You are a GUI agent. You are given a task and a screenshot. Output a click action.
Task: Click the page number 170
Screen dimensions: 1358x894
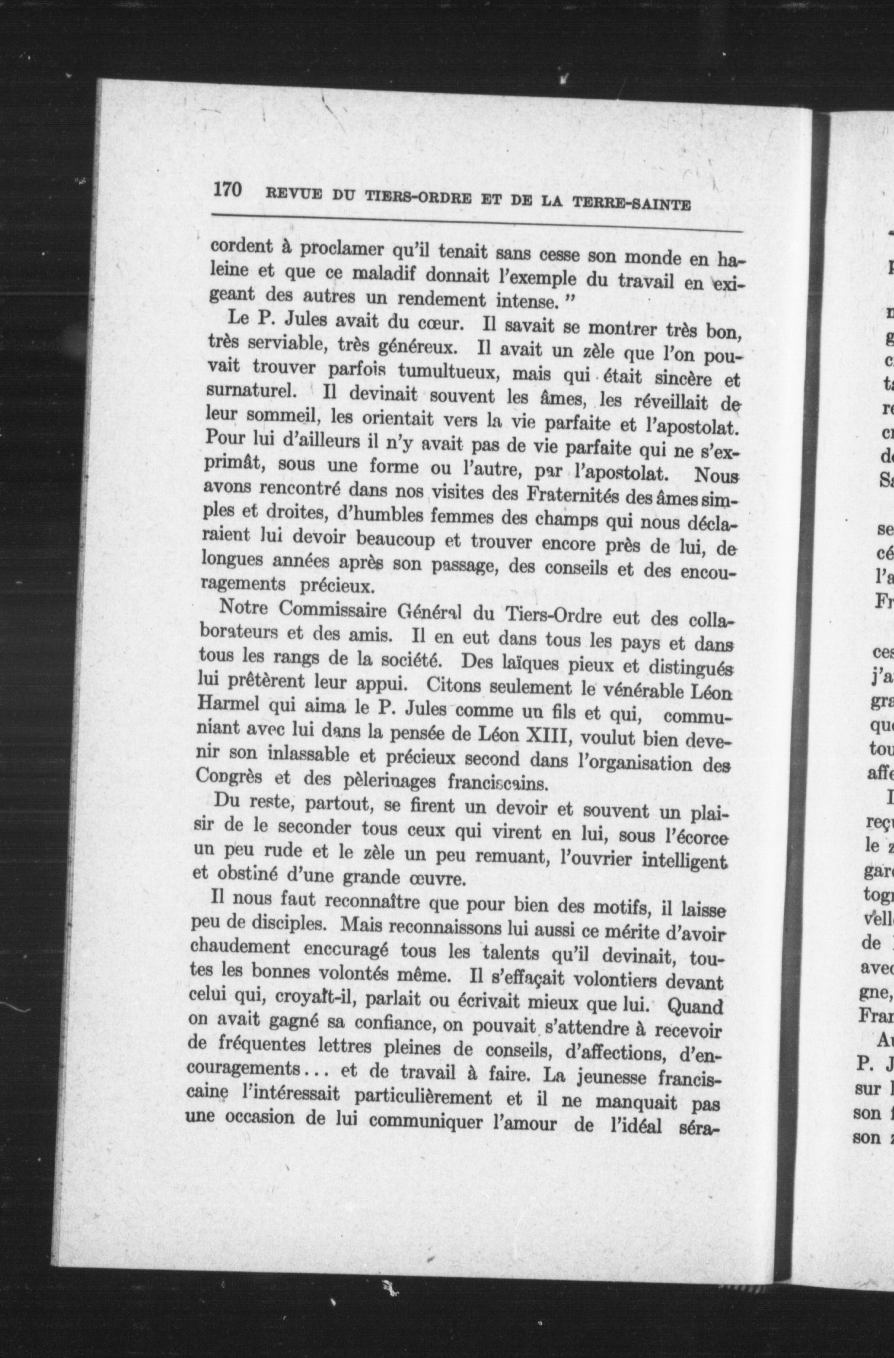pyautogui.click(x=228, y=190)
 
